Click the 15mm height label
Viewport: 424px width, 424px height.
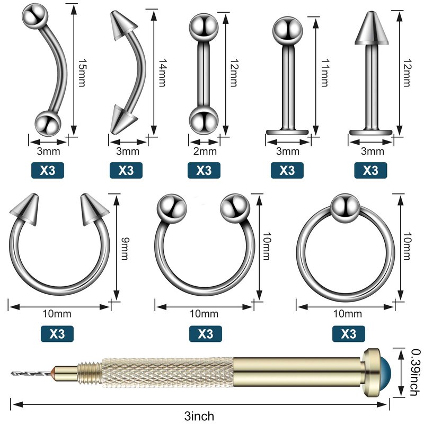pos(82,72)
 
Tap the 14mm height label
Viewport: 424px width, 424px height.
pos(162,73)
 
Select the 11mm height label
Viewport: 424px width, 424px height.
pos(324,73)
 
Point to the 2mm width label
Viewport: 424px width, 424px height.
pos(205,151)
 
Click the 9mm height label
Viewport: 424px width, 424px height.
pos(125,249)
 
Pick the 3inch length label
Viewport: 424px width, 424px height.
pos(199,416)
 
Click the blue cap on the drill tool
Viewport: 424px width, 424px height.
pos(386,373)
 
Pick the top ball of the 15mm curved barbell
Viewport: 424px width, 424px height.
pos(35,15)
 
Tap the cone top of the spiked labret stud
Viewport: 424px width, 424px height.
pos(372,28)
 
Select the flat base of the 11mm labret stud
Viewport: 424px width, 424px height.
pos(287,132)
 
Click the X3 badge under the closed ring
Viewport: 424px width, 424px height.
pos(349,334)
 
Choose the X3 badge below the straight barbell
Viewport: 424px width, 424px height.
pos(204,170)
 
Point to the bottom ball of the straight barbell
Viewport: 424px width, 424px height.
pos(204,120)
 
